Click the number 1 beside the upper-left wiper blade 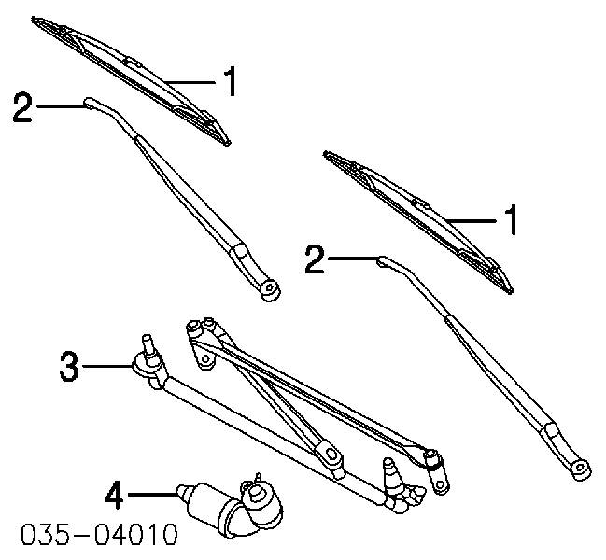point(231,81)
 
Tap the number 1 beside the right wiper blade point(512,220)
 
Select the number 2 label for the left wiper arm point(22,106)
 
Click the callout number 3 point(69,366)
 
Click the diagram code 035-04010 point(99,535)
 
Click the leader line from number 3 point(106,365)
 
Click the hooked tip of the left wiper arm point(90,102)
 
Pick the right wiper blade point(418,220)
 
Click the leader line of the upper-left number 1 point(190,82)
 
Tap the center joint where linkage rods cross point(329,453)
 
